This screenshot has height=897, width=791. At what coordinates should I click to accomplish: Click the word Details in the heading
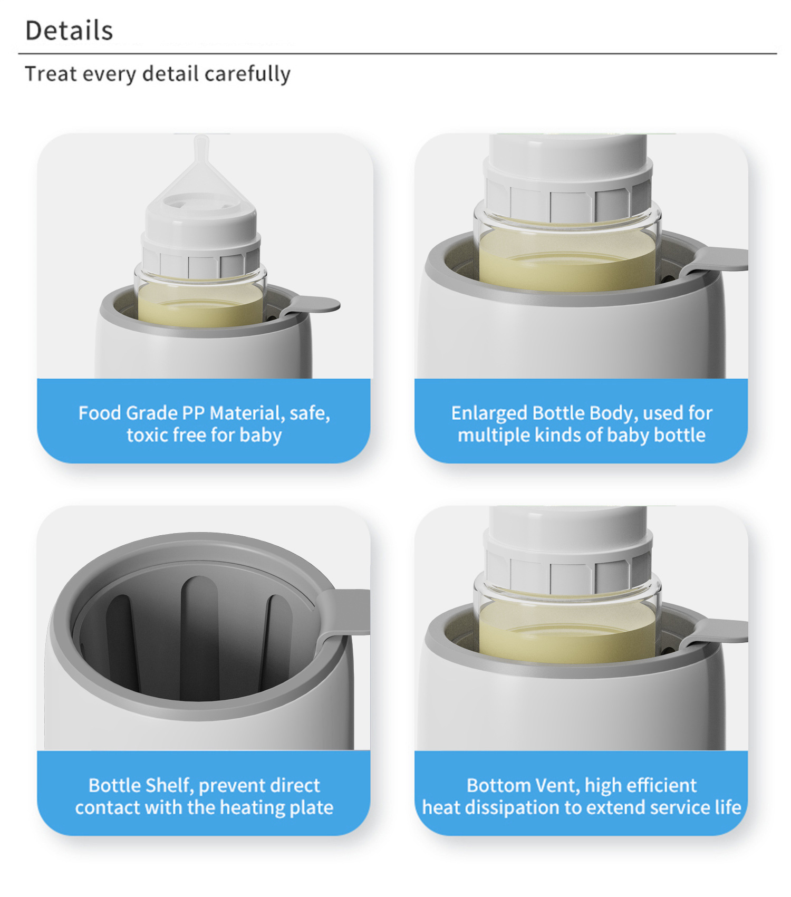(69, 31)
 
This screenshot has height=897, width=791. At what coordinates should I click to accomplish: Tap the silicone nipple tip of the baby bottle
(201, 146)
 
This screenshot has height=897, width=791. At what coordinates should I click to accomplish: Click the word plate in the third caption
(312, 808)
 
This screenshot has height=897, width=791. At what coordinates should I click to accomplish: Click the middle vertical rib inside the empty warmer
(199, 638)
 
